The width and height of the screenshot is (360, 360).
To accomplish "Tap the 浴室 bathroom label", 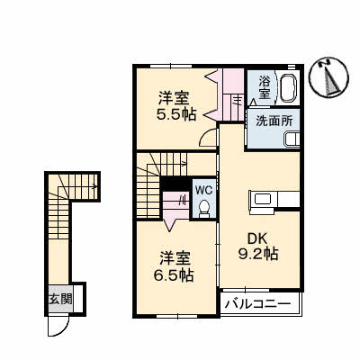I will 265,86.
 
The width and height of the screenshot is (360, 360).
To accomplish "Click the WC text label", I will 202,191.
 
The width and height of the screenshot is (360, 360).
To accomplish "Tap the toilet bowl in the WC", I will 203,210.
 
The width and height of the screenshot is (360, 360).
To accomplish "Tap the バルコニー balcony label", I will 257,305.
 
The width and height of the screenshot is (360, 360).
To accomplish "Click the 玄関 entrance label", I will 60,298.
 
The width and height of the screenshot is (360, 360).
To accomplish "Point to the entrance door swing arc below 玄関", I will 58,325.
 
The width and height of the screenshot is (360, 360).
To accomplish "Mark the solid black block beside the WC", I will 174,188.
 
